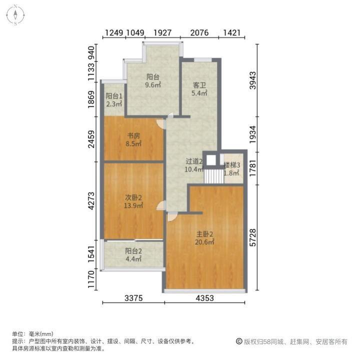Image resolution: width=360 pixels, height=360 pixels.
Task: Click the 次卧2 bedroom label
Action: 133,197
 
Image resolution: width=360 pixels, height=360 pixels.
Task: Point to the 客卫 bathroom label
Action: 199,85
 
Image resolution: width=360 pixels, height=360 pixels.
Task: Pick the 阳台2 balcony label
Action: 133,251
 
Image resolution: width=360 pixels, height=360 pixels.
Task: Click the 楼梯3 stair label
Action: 232,165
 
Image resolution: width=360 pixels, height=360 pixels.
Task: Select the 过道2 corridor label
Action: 193,161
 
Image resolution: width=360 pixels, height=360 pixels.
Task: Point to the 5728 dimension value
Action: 253,237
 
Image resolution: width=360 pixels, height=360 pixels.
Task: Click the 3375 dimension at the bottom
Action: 133,298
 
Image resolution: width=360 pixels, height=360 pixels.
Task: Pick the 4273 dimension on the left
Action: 91,201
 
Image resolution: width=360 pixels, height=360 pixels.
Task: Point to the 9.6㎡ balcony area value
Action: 153,85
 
